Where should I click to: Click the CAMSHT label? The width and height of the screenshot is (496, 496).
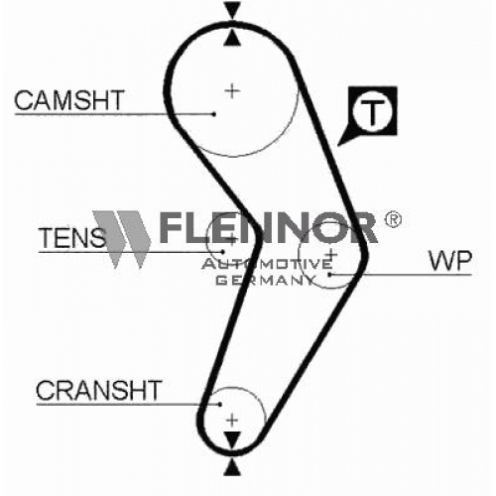69,100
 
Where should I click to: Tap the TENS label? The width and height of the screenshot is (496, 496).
72,238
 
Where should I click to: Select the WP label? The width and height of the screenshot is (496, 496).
450,261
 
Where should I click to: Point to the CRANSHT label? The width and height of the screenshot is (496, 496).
99,390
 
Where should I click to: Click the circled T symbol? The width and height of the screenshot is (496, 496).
373,110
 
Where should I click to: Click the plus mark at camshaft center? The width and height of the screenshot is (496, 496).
232,91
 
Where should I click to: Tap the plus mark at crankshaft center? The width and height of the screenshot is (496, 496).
232,421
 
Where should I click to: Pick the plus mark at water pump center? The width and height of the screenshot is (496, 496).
330,255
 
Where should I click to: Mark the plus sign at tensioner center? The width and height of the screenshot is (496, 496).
232,239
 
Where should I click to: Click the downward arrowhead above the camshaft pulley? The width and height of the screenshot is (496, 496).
232,10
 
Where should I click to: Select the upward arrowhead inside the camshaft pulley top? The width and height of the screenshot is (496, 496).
232,38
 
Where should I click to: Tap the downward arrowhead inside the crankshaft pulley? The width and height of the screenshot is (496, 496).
232,439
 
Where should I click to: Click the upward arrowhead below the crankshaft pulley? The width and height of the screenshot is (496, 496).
232,467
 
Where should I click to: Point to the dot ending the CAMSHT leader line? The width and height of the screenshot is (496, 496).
214,114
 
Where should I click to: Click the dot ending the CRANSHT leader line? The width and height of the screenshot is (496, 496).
219,404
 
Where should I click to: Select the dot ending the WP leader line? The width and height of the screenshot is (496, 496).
329,274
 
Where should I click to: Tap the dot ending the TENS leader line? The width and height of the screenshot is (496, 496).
223,252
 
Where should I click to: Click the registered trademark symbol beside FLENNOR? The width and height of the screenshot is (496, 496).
393,219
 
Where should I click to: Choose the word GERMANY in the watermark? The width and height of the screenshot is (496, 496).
266,281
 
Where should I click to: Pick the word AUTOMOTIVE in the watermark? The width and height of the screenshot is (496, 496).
267,264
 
